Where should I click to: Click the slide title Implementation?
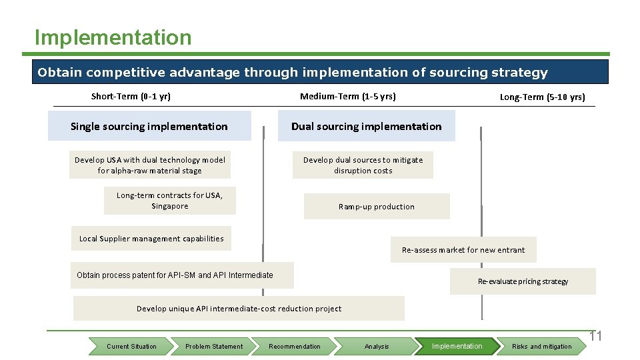113,37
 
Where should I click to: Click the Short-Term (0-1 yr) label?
131,96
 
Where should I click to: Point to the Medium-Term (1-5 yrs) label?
347,96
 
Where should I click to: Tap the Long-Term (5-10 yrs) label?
542,97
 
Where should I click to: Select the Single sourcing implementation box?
149,126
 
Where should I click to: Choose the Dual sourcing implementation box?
366,126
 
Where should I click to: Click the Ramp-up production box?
377,206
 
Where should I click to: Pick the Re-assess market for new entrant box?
463,250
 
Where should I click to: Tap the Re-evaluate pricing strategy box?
523,281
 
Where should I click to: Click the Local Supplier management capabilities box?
151,238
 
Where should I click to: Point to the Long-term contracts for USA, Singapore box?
169,201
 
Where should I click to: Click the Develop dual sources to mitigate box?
363,165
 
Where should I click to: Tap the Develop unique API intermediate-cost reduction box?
239,309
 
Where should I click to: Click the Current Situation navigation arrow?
131,346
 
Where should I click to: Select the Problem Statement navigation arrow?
213,346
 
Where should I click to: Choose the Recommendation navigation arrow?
295,346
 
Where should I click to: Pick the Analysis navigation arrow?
377,346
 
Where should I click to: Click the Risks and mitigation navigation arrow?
541,346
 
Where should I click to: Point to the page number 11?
595,336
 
